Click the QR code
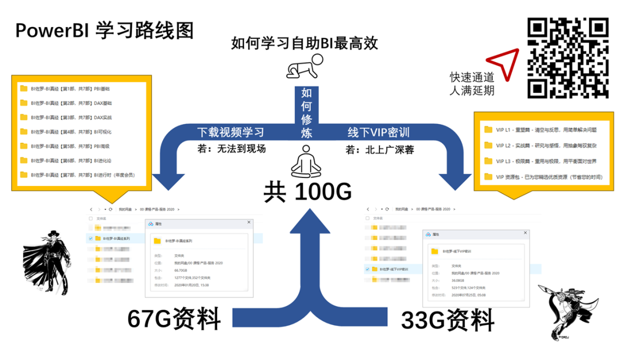tap(568, 57)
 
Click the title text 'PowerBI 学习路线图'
tap(104, 30)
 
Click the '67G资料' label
tap(174, 318)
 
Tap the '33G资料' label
tap(448, 319)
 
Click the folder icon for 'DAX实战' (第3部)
tap(24, 117)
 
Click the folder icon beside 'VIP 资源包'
tap(488, 176)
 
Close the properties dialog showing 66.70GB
tap(249, 222)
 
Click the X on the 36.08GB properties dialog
tap(524, 233)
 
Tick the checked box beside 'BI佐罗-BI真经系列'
tap(90, 238)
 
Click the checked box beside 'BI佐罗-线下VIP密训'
tap(367, 269)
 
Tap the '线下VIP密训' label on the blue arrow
tap(378, 131)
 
